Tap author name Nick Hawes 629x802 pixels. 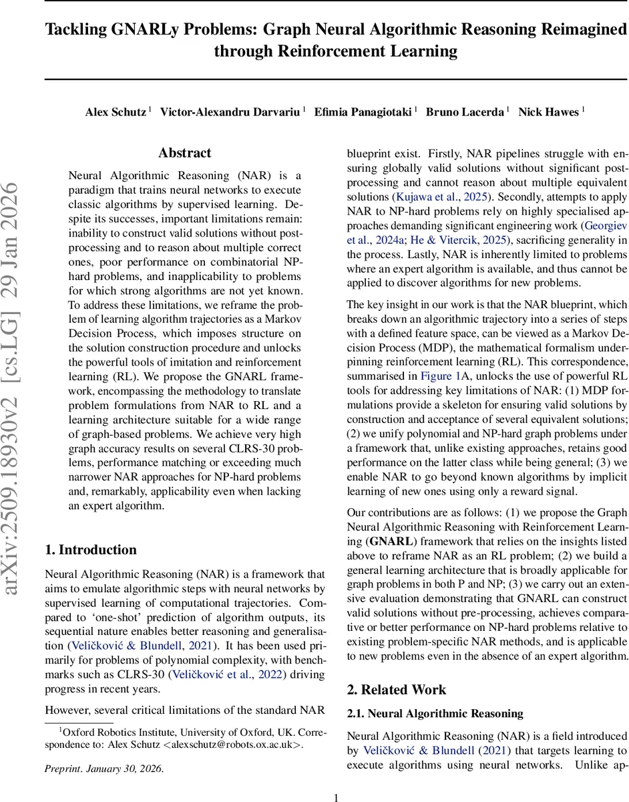click(548, 112)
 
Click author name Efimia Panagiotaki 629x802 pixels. click(363, 112)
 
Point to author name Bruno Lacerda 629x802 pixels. click(465, 112)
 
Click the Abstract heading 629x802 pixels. click(185, 153)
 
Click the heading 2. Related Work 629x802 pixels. click(397, 690)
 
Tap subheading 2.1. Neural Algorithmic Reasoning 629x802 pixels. click(435, 714)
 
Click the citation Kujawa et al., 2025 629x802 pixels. click(438, 197)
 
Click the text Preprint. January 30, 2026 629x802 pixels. click(104, 769)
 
